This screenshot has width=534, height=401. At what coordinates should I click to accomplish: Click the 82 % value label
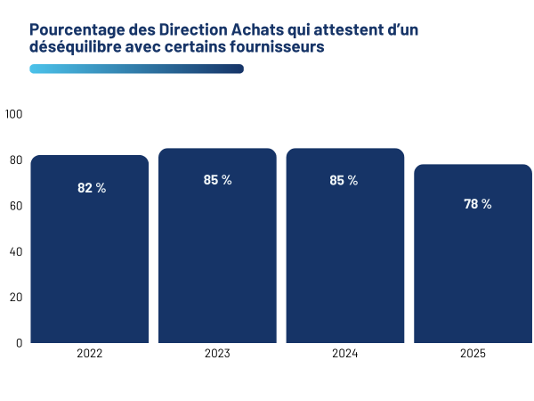[91, 188]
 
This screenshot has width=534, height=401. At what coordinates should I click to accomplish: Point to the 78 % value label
[477, 204]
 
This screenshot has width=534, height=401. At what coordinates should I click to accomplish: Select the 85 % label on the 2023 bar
[217, 180]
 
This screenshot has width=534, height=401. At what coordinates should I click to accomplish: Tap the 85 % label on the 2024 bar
[344, 180]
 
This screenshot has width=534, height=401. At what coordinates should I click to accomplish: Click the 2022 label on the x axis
[90, 354]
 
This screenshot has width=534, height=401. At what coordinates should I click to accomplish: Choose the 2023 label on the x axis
[217, 354]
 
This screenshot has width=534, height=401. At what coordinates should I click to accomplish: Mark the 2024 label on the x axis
[344, 354]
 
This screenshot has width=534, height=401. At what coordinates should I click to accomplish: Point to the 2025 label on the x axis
[473, 354]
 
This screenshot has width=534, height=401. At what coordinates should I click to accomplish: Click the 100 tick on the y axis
[13, 114]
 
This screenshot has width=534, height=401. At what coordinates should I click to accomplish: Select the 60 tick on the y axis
[15, 206]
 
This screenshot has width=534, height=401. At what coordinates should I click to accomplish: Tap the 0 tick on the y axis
[19, 342]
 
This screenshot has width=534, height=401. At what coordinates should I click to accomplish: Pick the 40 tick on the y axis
[15, 251]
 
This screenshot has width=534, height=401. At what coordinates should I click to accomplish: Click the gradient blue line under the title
[136, 69]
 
